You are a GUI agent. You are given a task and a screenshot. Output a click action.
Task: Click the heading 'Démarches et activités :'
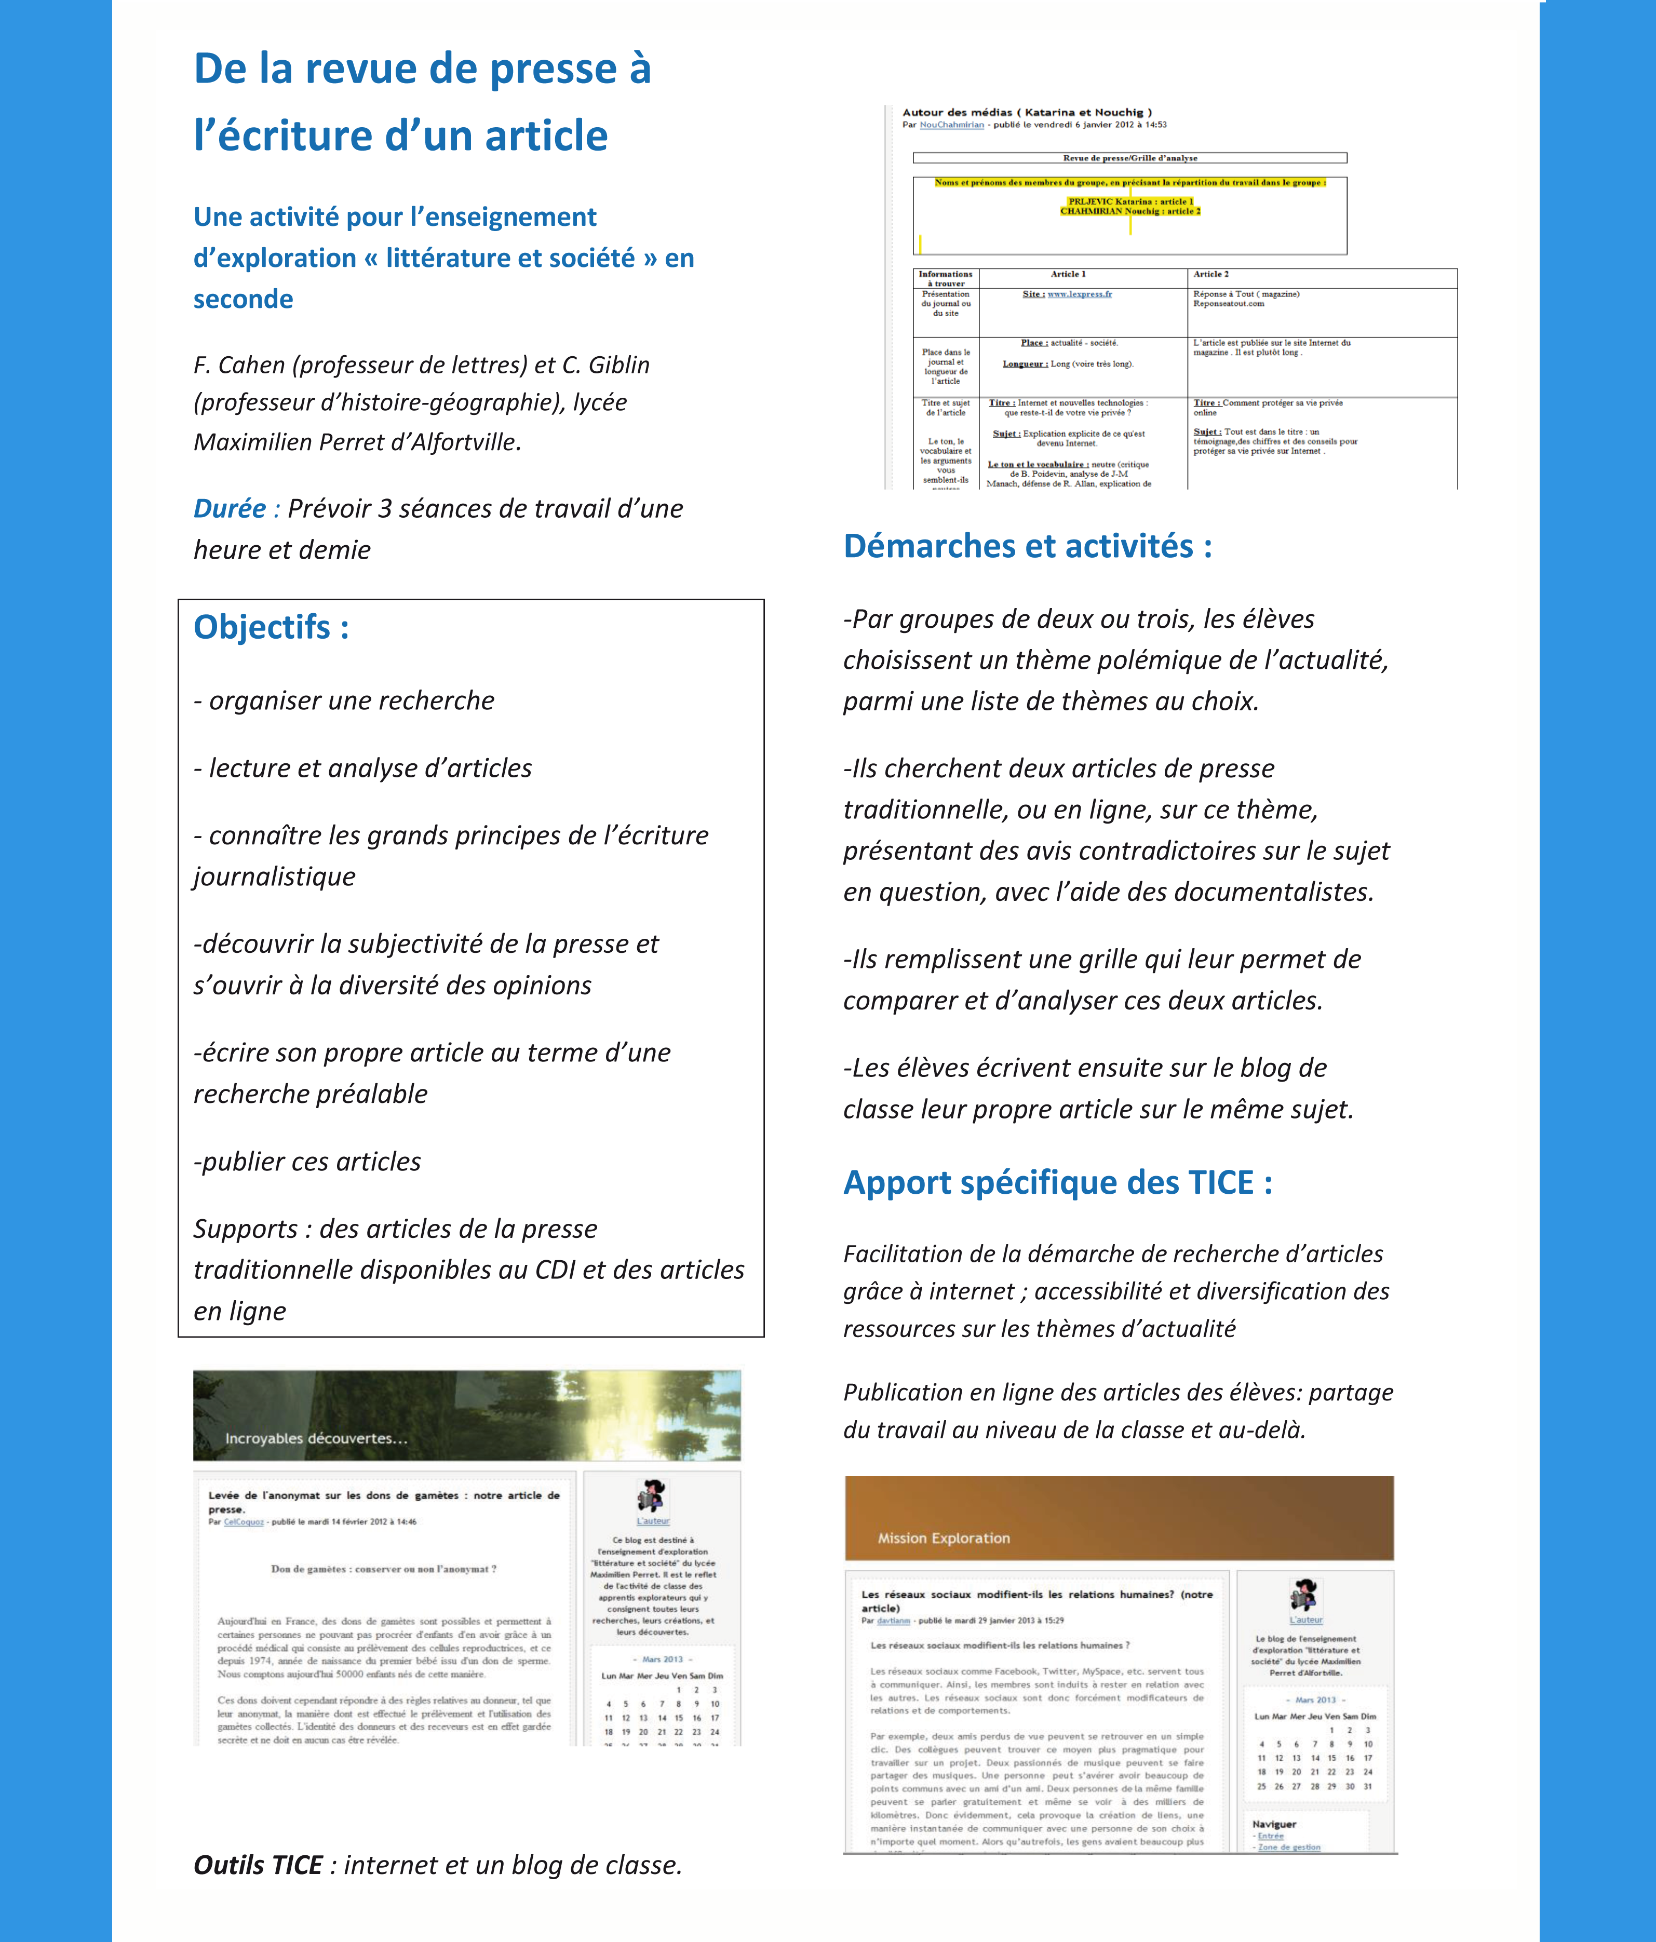[x=1027, y=546]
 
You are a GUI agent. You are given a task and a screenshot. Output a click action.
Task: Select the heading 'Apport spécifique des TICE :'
[x=1057, y=1183]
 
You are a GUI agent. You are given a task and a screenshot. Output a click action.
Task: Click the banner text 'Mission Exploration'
[x=944, y=1538]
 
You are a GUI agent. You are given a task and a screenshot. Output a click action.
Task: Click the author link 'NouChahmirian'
[x=951, y=125]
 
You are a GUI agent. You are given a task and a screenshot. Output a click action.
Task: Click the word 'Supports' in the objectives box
[x=246, y=1229]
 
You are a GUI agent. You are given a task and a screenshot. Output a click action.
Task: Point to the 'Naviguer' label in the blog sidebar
[x=1274, y=1825]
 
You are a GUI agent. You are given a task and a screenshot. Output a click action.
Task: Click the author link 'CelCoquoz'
[x=244, y=1522]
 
